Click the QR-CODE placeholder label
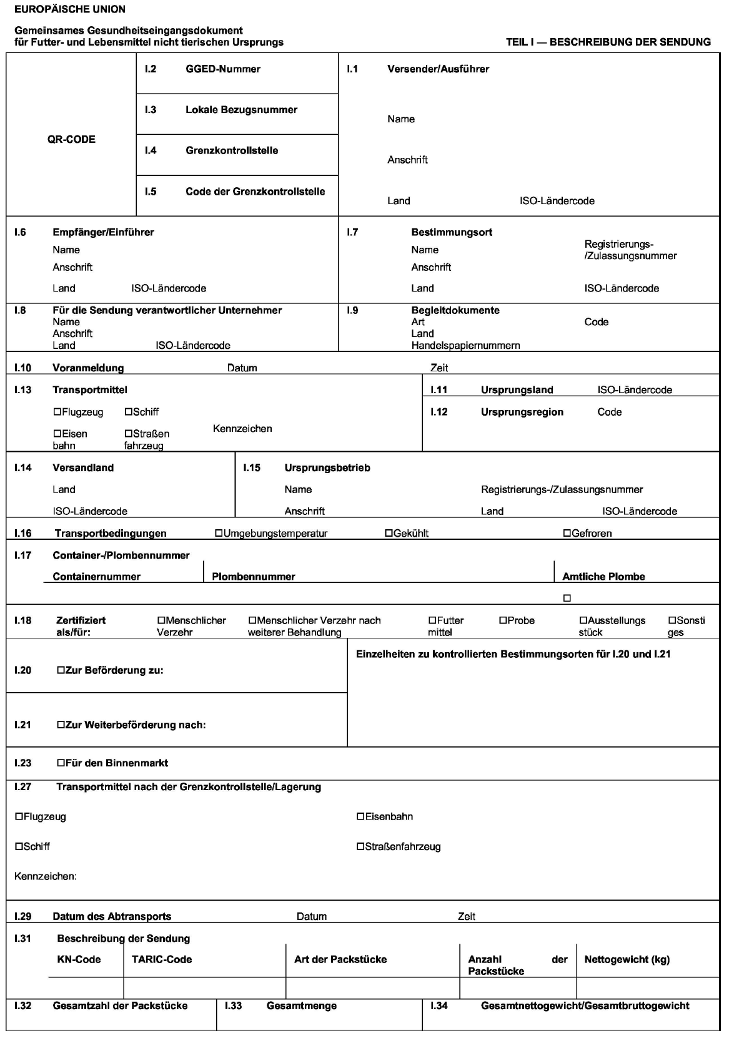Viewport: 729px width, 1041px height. point(71,139)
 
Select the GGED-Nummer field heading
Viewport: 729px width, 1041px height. point(222,69)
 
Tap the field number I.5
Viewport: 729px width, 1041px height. point(150,192)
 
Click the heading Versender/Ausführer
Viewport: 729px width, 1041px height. point(438,69)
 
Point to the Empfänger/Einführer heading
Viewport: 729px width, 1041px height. point(103,232)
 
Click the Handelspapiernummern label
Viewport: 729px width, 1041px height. point(465,345)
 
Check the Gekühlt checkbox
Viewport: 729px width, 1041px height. point(389,534)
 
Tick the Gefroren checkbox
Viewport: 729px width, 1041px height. point(567,534)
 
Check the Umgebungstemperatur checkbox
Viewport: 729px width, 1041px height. point(219,534)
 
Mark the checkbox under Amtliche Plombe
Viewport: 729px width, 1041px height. point(567,599)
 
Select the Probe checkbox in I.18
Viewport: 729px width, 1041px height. point(503,620)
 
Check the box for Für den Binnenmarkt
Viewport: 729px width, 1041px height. point(61,763)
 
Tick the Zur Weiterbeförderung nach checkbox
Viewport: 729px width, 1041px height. point(61,725)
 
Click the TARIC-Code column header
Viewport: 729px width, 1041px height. point(162,959)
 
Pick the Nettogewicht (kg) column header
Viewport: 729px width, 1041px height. point(627,959)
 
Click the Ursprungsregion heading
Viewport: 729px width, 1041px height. point(522,412)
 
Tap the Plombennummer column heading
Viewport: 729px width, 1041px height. point(253,577)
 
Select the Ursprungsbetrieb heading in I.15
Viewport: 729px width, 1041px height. point(327,468)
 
